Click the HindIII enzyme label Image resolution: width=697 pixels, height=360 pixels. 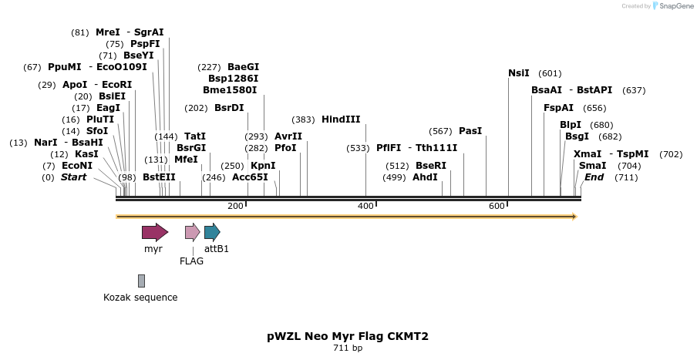[x=341, y=119]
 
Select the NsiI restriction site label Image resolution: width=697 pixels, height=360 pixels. [x=519, y=73]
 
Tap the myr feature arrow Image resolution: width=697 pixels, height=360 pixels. [x=154, y=232]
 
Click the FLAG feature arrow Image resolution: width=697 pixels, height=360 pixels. [x=192, y=232]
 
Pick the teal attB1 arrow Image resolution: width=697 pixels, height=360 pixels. [x=212, y=232]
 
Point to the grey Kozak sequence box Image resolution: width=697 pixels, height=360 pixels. [x=141, y=281]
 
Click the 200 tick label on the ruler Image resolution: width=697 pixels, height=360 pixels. [x=236, y=206]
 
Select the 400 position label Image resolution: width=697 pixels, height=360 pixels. [x=366, y=206]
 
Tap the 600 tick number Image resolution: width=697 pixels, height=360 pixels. [x=497, y=206]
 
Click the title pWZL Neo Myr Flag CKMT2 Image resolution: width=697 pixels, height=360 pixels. [x=348, y=336]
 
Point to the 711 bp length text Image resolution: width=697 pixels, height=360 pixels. [x=348, y=348]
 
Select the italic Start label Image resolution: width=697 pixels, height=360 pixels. [x=74, y=177]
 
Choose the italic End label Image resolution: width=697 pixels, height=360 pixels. [x=594, y=177]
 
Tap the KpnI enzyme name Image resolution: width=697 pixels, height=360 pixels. [x=263, y=166]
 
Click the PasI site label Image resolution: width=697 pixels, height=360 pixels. [x=470, y=131]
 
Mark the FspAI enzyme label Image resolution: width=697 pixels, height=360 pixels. [x=558, y=108]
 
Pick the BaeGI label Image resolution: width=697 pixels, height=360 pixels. [x=244, y=67]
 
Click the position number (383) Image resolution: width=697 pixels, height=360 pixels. [x=304, y=119]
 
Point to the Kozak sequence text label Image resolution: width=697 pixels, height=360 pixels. [x=140, y=298]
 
